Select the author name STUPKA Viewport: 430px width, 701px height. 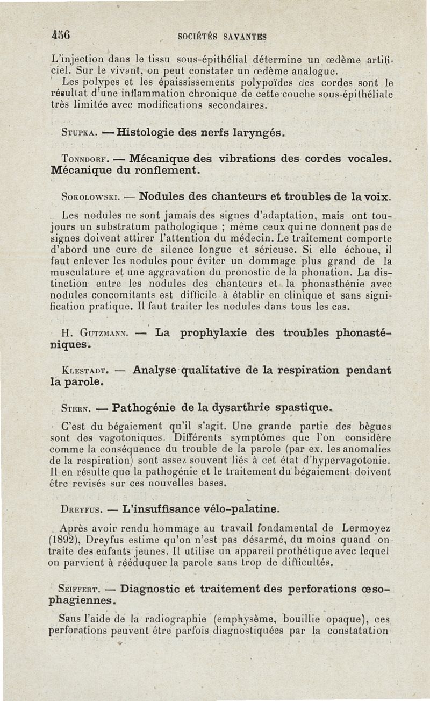pos(80,132)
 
